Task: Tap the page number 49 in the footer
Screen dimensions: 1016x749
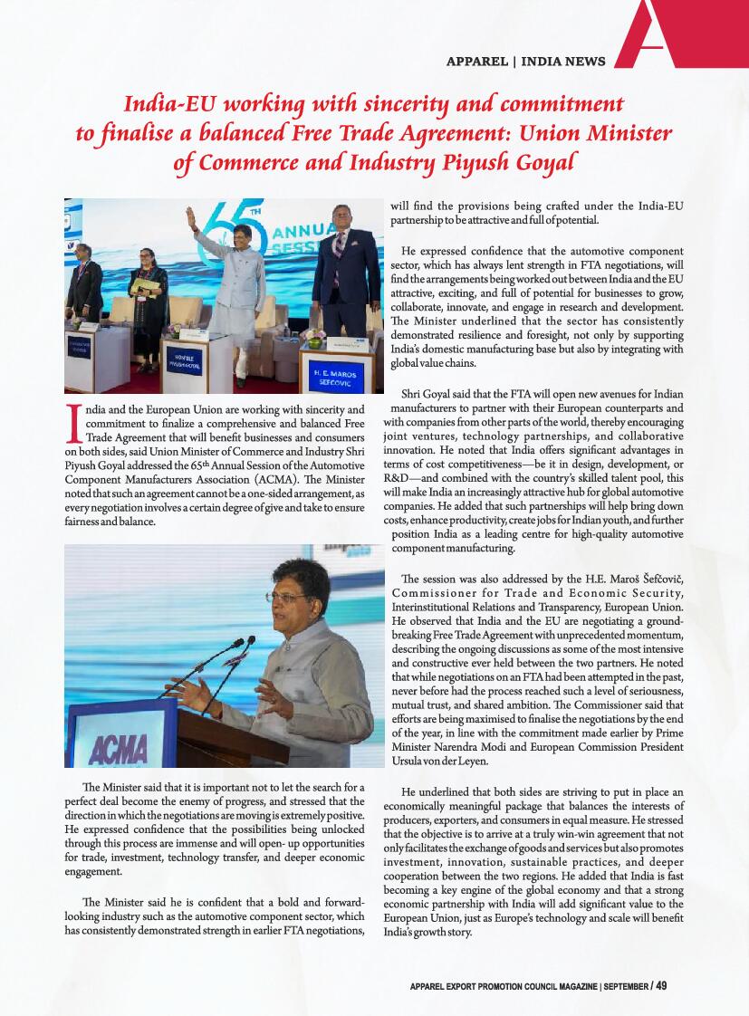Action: click(661, 986)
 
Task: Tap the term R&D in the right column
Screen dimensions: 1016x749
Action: click(399, 476)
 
